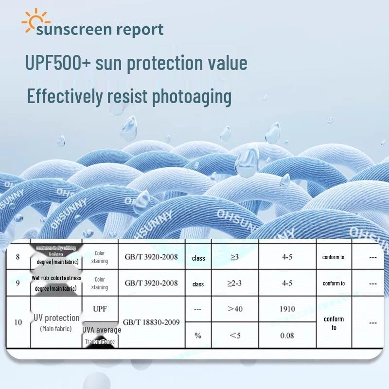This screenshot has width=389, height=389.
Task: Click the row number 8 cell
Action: (18, 257)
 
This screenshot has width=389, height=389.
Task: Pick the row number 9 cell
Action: (18, 283)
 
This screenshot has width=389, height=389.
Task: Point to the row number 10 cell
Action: (18, 322)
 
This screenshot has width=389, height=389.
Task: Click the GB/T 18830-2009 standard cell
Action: (151, 322)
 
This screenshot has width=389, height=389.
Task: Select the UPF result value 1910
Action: (287, 309)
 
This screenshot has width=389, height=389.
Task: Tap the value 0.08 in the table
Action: (286, 336)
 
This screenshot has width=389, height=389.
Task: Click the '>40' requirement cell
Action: (235, 309)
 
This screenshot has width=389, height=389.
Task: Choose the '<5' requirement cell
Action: (235, 336)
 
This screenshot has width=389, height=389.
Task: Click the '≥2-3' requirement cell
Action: (235, 283)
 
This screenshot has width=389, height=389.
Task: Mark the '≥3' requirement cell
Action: (235, 257)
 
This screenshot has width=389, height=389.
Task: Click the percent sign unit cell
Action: (198, 336)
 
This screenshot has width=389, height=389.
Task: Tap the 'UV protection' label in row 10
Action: (56, 318)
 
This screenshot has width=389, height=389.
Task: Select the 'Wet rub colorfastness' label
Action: (56, 278)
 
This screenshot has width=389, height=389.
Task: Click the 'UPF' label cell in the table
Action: (100, 309)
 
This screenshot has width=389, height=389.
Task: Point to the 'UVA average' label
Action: (102, 330)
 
